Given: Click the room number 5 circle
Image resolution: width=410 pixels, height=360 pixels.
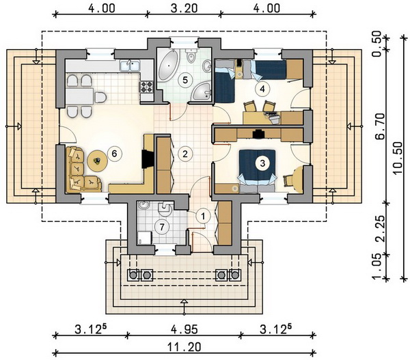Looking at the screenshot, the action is click(x=185, y=80).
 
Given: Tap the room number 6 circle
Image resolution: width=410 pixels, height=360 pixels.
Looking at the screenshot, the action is click(x=114, y=154).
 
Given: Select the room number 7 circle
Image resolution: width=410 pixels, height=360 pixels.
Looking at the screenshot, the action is click(x=162, y=227).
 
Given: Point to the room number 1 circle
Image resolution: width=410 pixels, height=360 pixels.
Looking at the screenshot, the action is click(x=203, y=216).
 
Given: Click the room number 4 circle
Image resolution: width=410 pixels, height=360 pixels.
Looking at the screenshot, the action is click(x=262, y=89).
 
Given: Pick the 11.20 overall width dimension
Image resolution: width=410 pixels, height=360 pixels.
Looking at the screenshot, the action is click(x=184, y=347).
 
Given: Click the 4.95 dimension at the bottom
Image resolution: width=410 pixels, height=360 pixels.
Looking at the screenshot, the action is click(x=184, y=329).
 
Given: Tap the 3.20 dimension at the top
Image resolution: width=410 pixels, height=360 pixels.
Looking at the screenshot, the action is click(x=184, y=8).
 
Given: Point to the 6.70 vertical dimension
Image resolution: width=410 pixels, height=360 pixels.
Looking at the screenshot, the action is click(x=380, y=126).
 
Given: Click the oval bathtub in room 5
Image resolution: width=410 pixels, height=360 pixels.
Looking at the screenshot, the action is click(x=168, y=66).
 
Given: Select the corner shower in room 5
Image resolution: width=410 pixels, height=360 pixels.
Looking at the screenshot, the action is click(x=201, y=92).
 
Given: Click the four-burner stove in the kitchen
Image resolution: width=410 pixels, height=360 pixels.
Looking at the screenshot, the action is click(x=146, y=87).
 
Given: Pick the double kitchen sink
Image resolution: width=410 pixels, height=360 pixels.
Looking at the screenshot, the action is click(x=130, y=65).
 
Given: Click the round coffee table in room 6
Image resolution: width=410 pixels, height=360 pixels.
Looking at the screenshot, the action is click(x=98, y=161).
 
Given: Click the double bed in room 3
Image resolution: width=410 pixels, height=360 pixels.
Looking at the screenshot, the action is click(x=257, y=170).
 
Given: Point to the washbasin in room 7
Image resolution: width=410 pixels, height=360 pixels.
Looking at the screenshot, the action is click(x=143, y=206).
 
